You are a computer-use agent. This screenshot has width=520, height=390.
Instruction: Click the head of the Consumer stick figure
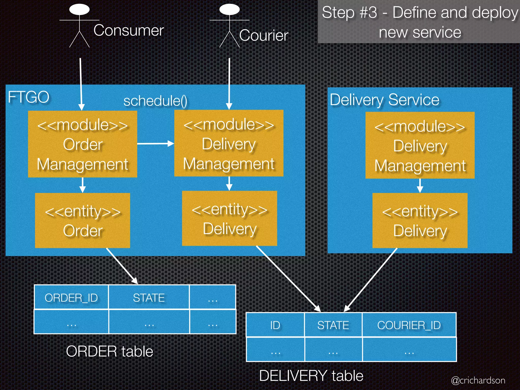click(79, 9)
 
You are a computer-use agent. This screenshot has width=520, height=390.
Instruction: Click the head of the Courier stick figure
click(229, 9)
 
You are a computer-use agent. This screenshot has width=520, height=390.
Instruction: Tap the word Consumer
click(128, 30)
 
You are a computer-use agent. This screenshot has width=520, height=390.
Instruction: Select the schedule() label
click(155, 101)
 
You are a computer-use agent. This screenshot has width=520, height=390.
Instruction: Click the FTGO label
click(29, 97)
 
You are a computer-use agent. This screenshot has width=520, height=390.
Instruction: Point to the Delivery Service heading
click(384, 100)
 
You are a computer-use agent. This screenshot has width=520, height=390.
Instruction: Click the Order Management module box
click(83, 144)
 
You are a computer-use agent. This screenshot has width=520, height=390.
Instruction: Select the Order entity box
click(83, 220)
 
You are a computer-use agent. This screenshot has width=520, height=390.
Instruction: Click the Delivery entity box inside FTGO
click(229, 218)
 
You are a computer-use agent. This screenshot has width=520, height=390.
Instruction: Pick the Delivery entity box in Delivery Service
click(420, 220)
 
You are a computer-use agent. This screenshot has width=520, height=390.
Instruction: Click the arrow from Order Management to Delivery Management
click(155, 144)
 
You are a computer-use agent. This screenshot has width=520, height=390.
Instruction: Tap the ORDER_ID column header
click(71, 298)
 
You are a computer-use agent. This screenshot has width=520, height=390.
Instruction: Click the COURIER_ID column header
click(409, 325)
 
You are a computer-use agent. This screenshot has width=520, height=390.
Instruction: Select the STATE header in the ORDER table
click(149, 298)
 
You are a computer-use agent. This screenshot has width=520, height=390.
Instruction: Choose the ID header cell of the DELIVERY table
click(275, 325)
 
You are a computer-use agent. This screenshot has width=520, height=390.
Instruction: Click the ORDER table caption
click(109, 351)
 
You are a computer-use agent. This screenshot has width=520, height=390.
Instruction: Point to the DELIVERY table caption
click(311, 376)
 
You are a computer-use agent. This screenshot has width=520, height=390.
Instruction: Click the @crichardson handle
click(478, 380)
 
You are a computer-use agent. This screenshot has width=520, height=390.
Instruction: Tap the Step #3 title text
click(420, 22)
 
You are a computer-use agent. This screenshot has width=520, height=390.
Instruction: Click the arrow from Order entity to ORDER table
click(122, 266)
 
